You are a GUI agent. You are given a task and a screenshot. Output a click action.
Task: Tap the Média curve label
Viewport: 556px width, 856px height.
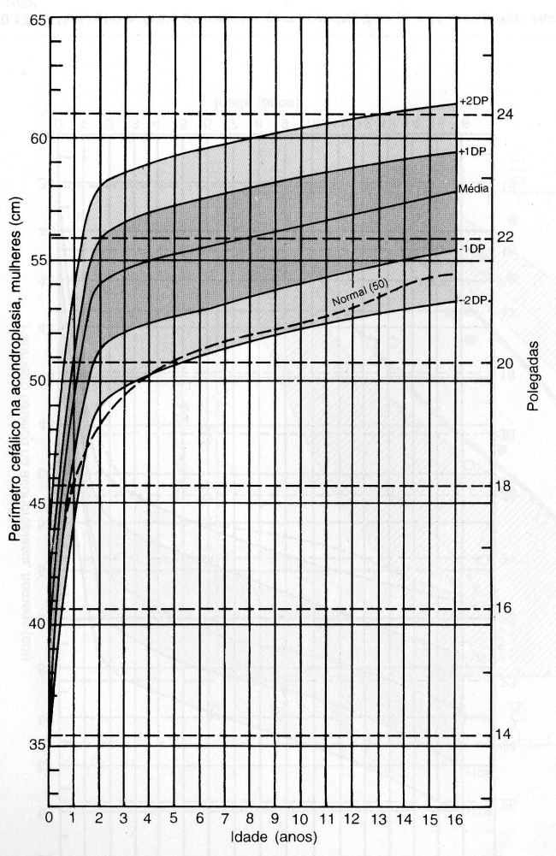tap(473, 189)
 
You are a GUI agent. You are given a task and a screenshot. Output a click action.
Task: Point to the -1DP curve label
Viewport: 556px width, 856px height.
tap(471, 249)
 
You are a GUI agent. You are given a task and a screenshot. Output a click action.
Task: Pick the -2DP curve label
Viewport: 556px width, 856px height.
tap(471, 299)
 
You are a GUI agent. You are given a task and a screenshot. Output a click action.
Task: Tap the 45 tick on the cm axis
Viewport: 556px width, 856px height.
tap(37, 503)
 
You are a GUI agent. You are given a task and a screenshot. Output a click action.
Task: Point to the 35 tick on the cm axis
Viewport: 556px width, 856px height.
tap(37, 746)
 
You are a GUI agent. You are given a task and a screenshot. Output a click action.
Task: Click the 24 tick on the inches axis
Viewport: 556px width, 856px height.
tap(505, 115)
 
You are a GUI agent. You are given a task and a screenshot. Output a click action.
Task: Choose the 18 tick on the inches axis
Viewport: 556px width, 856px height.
tap(505, 486)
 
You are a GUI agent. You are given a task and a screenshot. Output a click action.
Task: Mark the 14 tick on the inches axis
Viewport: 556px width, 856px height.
tap(505, 735)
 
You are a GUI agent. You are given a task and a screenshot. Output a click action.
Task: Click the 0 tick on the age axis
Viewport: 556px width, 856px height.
tap(49, 817)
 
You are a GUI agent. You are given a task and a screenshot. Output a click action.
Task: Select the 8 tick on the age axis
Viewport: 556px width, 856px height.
tap(251, 817)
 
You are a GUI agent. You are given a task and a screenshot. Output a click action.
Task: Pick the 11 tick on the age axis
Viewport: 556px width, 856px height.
tap(326, 817)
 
